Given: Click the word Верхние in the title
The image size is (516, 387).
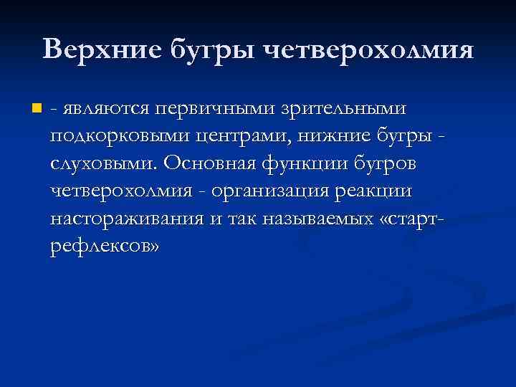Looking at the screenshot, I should [x=102, y=50].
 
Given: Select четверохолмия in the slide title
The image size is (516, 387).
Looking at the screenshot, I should [x=369, y=52].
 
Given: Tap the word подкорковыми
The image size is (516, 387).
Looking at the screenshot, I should [x=116, y=137].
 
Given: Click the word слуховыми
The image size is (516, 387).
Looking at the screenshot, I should [x=102, y=164].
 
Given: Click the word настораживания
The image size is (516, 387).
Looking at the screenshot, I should [x=126, y=219].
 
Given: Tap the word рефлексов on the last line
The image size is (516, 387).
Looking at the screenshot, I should [x=100, y=246].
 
